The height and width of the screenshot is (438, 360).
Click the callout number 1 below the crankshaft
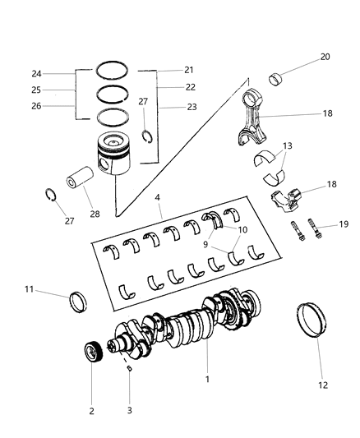point(207,380)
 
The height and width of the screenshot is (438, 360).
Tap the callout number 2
point(91,410)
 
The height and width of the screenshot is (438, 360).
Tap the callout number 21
point(188,69)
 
